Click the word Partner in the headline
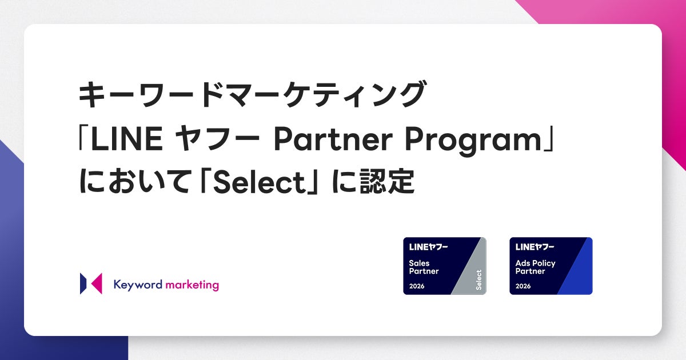tap(333, 140)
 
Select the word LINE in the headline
tap(127, 139)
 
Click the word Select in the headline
tap(259, 182)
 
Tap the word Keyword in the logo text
tap(138, 285)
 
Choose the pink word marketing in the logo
tap(192, 285)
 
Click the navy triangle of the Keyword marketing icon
tap(83, 283)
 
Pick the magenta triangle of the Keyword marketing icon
tap(97, 283)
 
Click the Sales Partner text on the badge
tap(424, 267)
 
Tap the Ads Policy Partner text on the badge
tap(535, 267)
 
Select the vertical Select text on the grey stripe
tap(478, 280)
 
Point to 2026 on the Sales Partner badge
tap(417, 286)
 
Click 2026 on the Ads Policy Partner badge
tap(523, 286)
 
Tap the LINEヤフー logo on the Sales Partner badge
tap(428, 247)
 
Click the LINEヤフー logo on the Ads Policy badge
tap(535, 247)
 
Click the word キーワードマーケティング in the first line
tap(252, 94)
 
